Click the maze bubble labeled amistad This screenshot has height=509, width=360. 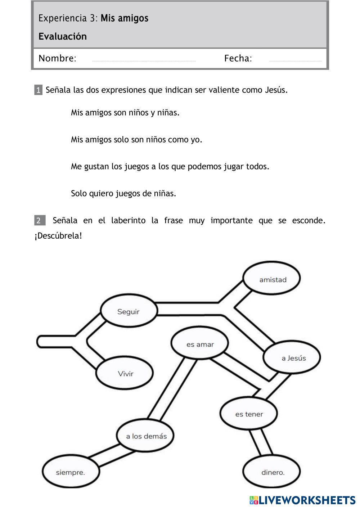click(271, 278)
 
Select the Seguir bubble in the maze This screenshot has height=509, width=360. click(129, 311)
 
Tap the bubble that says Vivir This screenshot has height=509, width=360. click(124, 373)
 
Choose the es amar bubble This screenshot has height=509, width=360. click(199, 343)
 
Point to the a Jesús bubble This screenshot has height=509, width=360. click(292, 357)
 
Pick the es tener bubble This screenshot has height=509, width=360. click(249, 413)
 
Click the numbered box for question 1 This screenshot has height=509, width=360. click(38, 90)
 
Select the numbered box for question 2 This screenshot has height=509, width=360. click(40, 220)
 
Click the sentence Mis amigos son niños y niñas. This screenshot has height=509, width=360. click(125, 113)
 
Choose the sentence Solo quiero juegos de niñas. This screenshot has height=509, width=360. click(123, 193)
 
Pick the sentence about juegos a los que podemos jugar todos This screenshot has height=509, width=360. click(170, 167)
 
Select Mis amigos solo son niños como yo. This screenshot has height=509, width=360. click(136, 140)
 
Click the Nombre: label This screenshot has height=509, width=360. click(58, 58)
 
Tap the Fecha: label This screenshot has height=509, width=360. click(238, 58)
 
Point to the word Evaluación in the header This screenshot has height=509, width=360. click(63, 36)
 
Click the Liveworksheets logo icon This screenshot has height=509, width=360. click(254, 500)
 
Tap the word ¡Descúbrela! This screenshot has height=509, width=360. click(58, 236)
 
